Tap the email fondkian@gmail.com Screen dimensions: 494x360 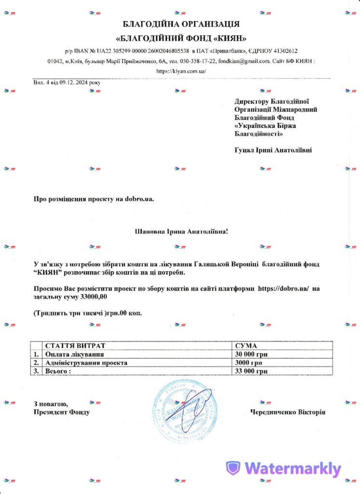click(x=244, y=61)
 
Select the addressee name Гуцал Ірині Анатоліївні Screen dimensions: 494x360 click(x=273, y=150)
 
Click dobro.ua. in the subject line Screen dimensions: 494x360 click(x=139, y=199)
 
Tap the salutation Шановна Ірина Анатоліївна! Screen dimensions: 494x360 click(x=181, y=232)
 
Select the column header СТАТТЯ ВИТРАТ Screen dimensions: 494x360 click(x=75, y=346)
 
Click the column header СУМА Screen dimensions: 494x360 click(x=246, y=346)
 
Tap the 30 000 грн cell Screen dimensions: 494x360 click(x=251, y=354)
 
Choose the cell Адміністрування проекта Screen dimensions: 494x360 click(x=86, y=362)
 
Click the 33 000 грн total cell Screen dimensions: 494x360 click(x=251, y=371)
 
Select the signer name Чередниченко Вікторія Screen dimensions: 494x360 click(x=288, y=412)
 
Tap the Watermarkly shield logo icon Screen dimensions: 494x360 click(x=234, y=468)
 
